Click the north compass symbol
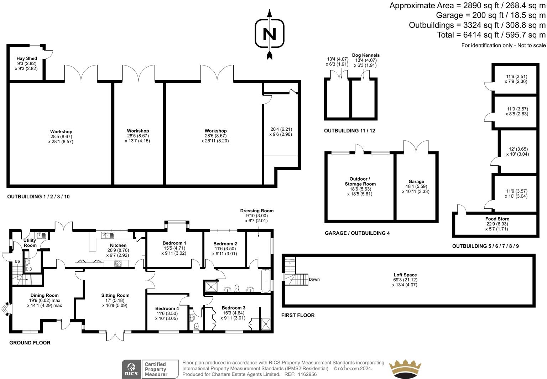pyautogui.click(x=270, y=34)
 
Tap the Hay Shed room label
pyautogui.click(x=27, y=58)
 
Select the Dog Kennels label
pyautogui.click(x=366, y=55)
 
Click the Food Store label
pyautogui.click(x=497, y=219)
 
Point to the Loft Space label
pyautogui.click(x=405, y=275)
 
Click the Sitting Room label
pyautogui.click(x=115, y=295)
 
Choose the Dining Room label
pyautogui.click(x=45, y=295)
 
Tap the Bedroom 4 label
pyautogui.click(x=167, y=308)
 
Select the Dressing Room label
pyautogui.click(x=257, y=211)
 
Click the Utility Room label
pyautogui.click(x=30, y=243)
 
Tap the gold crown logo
pyautogui.click(x=405, y=369)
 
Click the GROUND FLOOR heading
pyautogui.click(x=30, y=343)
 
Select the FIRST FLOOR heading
pyautogui.click(x=298, y=315)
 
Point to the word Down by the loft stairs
pyautogui.click(x=314, y=279)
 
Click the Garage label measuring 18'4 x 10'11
pyautogui.click(x=416, y=182)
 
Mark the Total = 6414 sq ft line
pyautogui.click(x=491, y=35)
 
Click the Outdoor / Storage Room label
pyautogui.click(x=360, y=181)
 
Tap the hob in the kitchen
pyautogui.click(x=118, y=264)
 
